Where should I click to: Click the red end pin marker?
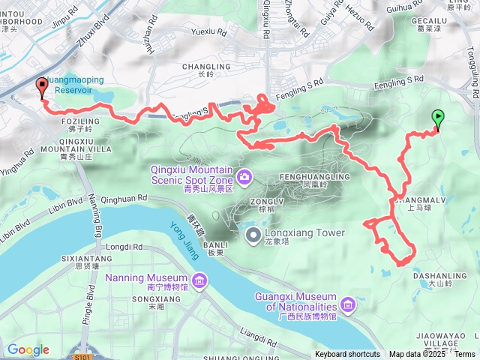[x=40, y=87]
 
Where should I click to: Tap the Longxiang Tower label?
[x=305, y=233]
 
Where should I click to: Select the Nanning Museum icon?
[x=199, y=281]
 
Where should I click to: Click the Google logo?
[x=28, y=349]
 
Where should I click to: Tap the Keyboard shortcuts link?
[x=347, y=354]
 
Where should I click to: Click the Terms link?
[x=464, y=354]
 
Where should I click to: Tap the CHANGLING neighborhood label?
[x=201, y=67]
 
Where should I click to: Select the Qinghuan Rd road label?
[x=126, y=199]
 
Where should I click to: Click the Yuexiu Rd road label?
[x=208, y=32]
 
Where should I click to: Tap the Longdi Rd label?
[x=124, y=246]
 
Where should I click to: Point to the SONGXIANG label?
[x=147, y=298]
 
